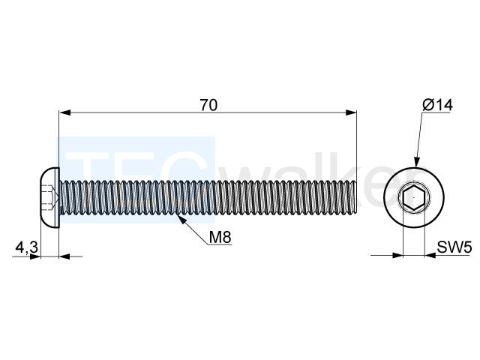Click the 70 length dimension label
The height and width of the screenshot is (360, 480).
tap(208, 105)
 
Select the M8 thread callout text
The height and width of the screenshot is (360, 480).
tap(220, 237)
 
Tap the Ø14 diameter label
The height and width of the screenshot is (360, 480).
tap(437, 105)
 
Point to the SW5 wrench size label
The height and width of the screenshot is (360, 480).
tap(454, 247)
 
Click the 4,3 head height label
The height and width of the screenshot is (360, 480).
tap(27, 247)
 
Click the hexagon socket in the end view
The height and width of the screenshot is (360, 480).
tap(414, 198)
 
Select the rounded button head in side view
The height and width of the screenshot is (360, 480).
tap(49, 198)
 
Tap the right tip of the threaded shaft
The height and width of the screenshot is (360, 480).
tap(357, 198)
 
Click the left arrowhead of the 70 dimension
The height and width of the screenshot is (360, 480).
tap(65, 112)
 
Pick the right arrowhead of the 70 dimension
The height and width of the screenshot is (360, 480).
tap(351, 112)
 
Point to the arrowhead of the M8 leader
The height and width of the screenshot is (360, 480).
tap(181, 219)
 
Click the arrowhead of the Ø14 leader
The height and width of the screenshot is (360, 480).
tap(416, 162)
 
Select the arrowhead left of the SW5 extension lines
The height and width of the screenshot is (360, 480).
tap(397, 255)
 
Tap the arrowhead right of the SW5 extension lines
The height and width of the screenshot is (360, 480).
tap(430, 255)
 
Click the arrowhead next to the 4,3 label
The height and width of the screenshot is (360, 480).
tap(35, 256)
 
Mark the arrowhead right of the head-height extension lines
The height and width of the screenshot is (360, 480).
tap(64, 256)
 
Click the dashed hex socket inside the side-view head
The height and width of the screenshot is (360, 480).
tap(49, 198)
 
